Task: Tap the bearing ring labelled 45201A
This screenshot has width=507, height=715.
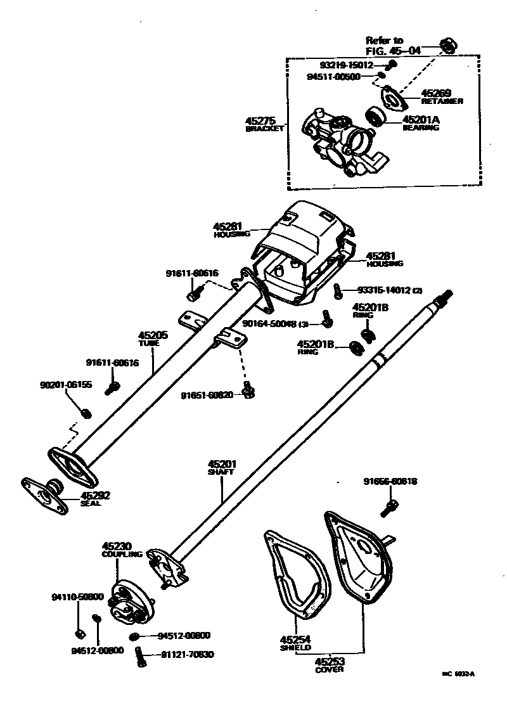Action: tap(376, 116)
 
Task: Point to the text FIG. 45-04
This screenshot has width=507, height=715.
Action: tap(393, 51)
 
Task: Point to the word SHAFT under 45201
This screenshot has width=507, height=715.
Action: tap(221, 472)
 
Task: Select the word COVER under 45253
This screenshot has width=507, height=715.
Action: tap(329, 669)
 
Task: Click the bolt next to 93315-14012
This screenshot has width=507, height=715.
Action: tap(338, 291)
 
